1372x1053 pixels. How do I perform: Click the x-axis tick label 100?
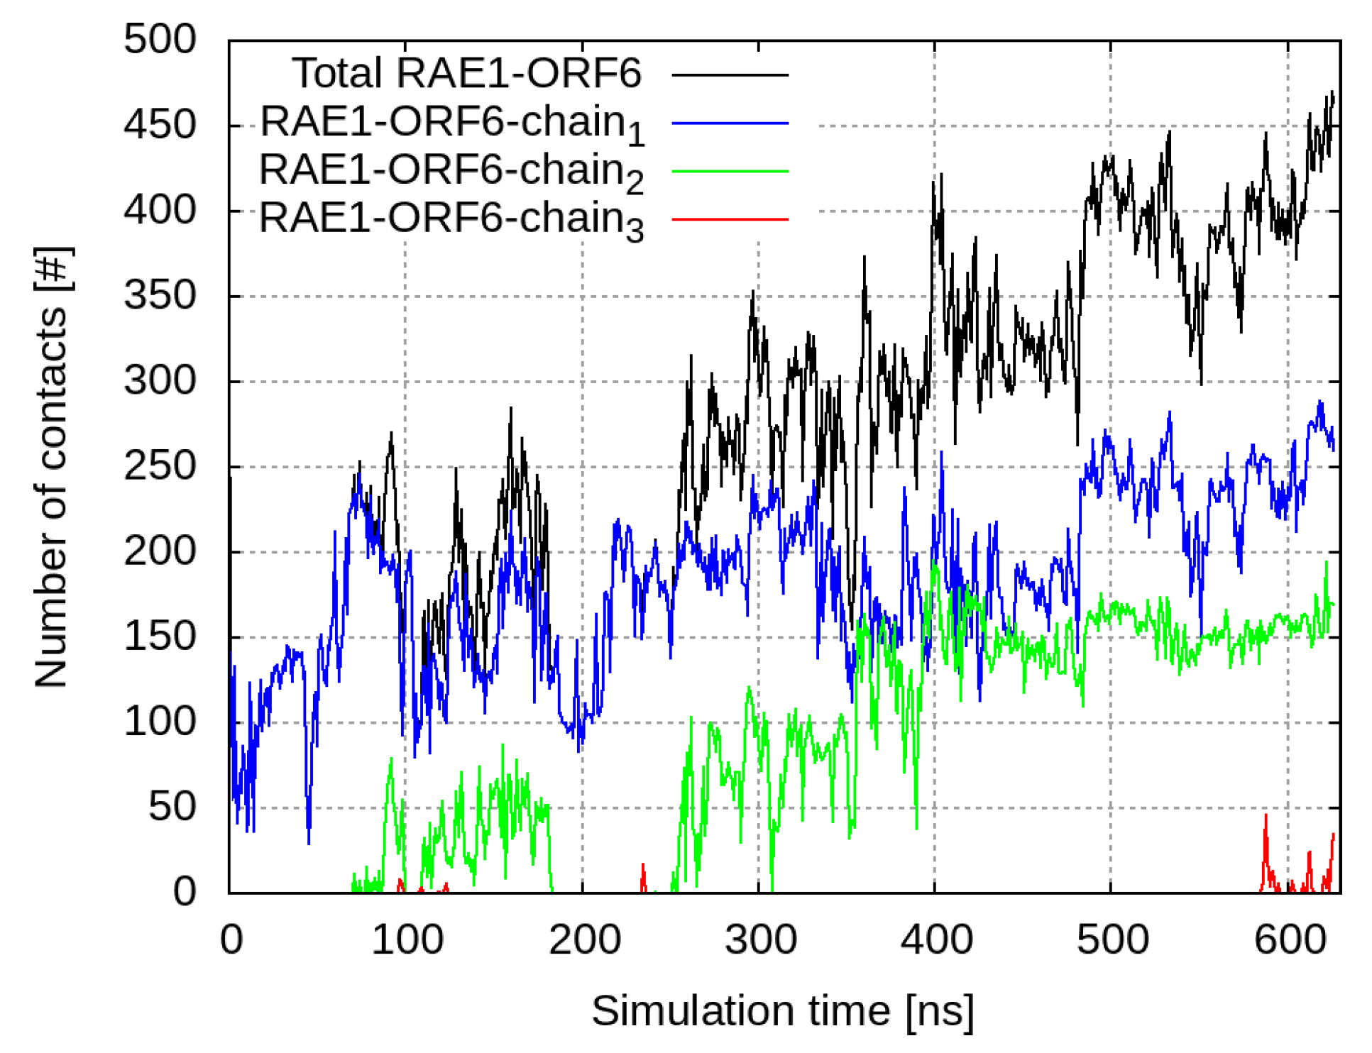(x=407, y=939)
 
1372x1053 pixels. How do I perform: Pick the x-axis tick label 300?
(x=759, y=939)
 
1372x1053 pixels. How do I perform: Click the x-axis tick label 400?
(x=935, y=939)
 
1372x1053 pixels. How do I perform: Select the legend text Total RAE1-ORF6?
(x=466, y=73)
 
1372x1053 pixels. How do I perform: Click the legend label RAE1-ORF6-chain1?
(x=452, y=123)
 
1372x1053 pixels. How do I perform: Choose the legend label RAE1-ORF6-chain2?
(x=451, y=172)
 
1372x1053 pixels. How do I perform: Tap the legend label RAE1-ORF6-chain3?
(x=451, y=219)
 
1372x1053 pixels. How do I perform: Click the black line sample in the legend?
(x=730, y=75)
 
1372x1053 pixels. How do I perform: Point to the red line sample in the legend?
(x=730, y=219)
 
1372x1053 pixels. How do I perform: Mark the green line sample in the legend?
(x=730, y=171)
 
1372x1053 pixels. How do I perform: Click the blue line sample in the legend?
(x=730, y=123)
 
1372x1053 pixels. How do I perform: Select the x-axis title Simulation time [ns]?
(x=782, y=1010)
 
